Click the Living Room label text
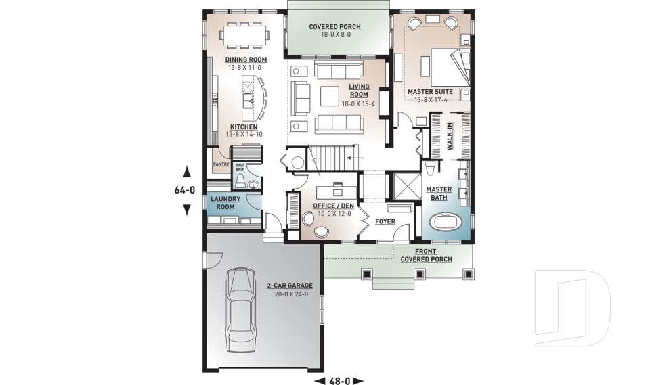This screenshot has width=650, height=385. pos(359,91)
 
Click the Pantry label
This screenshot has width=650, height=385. pos(221,164)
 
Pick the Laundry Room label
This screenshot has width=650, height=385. pos(225,203)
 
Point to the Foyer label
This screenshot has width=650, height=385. pos(385,221)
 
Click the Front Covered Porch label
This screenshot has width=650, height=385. pos(426,255)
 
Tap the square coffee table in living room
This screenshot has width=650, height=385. pos(330,96)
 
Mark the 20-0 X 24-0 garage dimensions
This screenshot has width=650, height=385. pos(289,294)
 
